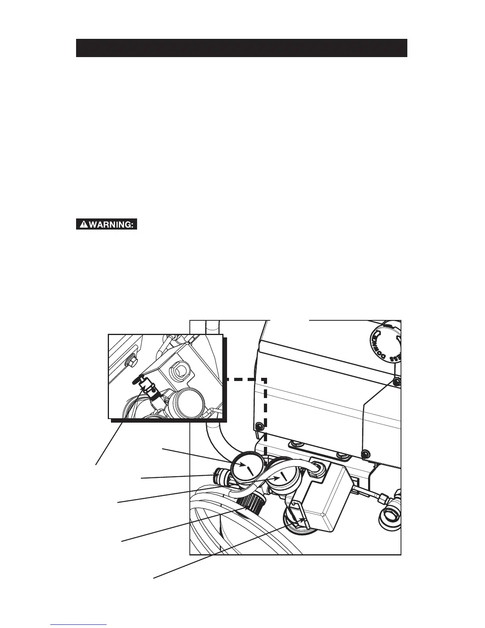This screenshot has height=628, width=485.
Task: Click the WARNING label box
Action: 107,224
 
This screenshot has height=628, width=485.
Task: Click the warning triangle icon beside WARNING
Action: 84,224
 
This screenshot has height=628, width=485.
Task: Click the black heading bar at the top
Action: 241,48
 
